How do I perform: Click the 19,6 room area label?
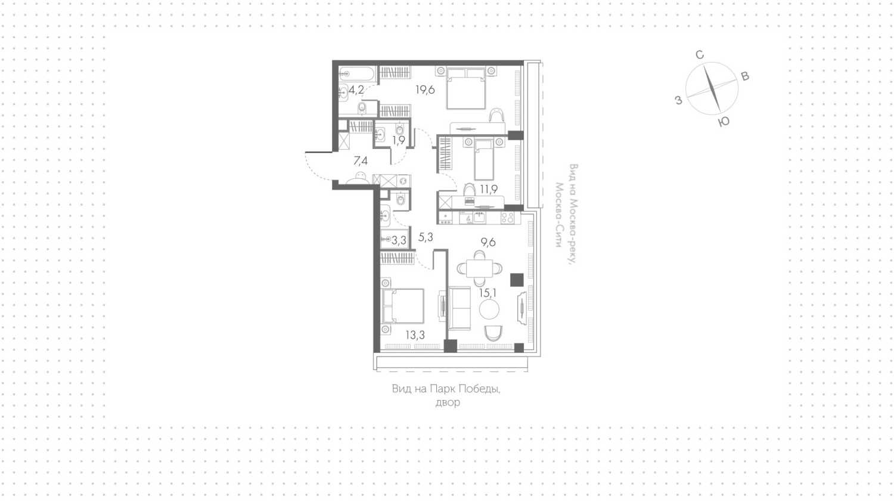[x=425, y=90]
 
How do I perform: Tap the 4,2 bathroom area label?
[x=356, y=90]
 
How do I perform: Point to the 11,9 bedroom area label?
[x=489, y=189]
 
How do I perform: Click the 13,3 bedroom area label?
[x=415, y=335]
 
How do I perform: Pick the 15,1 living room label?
[x=488, y=293]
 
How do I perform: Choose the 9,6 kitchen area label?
[x=488, y=242]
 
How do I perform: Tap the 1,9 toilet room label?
[x=398, y=140]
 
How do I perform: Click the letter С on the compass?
[x=699, y=55]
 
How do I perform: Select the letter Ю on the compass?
[x=724, y=122]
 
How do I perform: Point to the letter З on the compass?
[x=678, y=100]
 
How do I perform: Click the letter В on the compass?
[x=745, y=76]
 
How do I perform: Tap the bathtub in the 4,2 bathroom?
[x=357, y=73]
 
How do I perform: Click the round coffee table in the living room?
[x=489, y=309]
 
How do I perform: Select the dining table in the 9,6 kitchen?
[x=479, y=268]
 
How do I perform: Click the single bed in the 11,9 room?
[x=484, y=159]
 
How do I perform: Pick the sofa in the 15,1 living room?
[x=460, y=308]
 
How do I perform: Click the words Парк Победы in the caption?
[x=465, y=389]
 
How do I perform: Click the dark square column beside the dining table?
[x=517, y=280]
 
